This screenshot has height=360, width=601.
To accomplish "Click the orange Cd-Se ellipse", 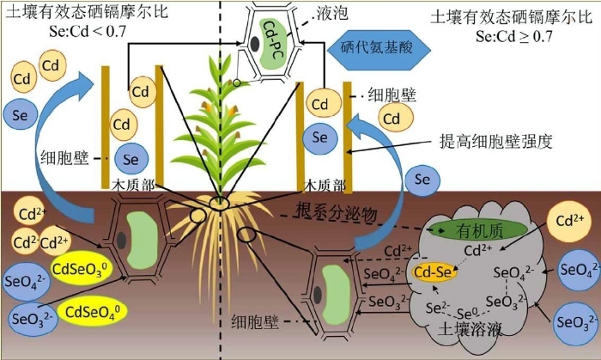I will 433,272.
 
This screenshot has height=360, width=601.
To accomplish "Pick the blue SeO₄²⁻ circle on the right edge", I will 577,269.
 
